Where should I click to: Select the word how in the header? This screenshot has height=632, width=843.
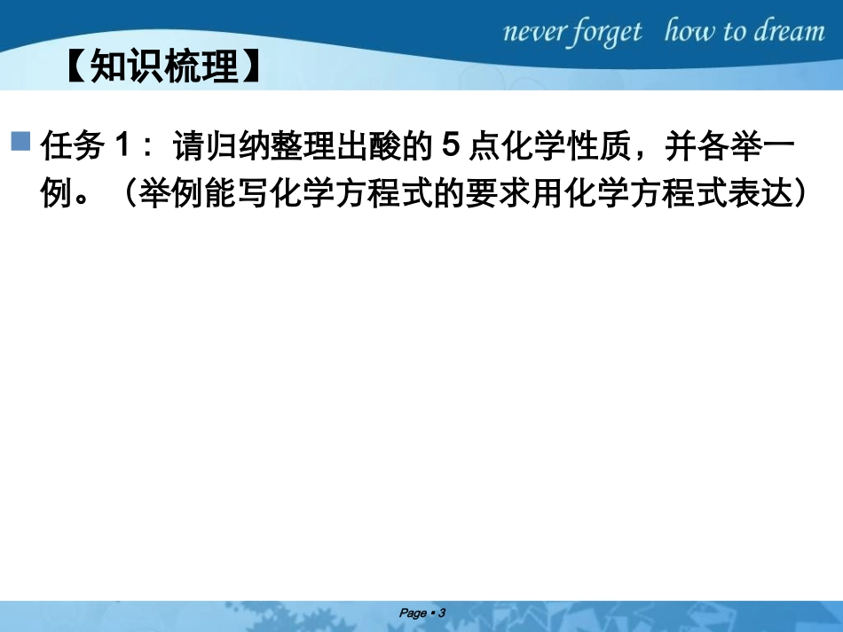(692, 33)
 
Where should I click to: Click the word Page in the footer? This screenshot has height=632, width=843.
(413, 612)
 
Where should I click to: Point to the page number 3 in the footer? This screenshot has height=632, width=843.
(441, 612)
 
